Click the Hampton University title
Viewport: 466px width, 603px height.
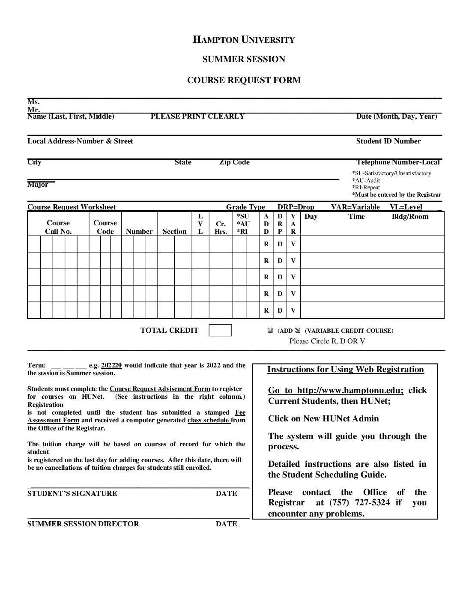tap(244, 40)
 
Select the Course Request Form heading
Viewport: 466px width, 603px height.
tap(244, 80)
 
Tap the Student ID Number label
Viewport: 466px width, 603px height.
tap(388, 141)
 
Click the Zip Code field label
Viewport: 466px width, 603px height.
tap(234, 162)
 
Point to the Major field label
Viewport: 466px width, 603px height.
tap(38, 185)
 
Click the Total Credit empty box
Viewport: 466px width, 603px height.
tap(220, 330)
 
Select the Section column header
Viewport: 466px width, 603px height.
tap(174, 231)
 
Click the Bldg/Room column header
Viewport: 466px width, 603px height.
tap(410, 216)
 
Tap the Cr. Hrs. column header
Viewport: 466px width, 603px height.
tap(221, 227)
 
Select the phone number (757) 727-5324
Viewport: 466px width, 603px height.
tap(359, 502)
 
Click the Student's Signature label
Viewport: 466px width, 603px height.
tap(72, 493)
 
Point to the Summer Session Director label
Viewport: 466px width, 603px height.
tap(83, 524)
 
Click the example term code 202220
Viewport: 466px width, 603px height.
tap(111, 365)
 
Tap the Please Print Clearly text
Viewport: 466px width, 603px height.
tap(197, 116)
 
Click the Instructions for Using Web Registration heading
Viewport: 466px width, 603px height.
tap(345, 369)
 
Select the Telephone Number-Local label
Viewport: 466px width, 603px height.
tap(398, 162)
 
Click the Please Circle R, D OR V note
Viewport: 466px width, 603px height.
tap(327, 341)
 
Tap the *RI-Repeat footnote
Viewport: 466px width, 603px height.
tap(366, 187)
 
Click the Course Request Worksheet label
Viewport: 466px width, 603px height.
tap(72, 207)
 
